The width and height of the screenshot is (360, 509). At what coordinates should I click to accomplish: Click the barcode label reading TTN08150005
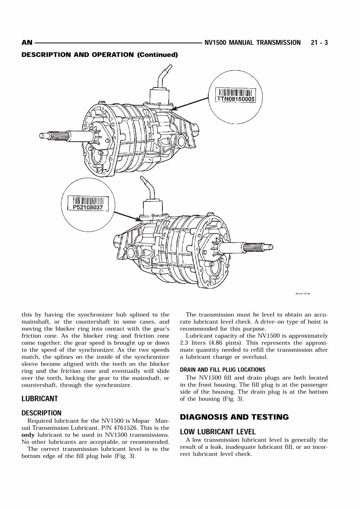(235, 95)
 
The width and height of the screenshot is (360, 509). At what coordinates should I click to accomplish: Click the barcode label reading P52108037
(88, 203)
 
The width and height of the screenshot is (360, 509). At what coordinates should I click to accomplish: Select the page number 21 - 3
(319, 43)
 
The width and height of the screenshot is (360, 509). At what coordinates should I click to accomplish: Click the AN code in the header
(27, 43)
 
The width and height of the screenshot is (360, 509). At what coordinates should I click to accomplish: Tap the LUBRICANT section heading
(40, 399)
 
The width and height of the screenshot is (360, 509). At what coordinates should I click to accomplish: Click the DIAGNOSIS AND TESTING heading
(234, 417)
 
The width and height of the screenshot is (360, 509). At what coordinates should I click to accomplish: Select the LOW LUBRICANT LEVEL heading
(218, 431)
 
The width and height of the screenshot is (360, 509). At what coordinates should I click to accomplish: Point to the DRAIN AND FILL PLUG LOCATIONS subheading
(223, 370)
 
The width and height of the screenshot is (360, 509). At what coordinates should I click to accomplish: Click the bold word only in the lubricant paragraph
(28, 435)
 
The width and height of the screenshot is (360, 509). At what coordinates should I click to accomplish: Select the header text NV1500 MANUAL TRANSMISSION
(252, 43)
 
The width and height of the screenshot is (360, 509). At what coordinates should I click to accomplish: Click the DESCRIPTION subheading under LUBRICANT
(41, 413)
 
